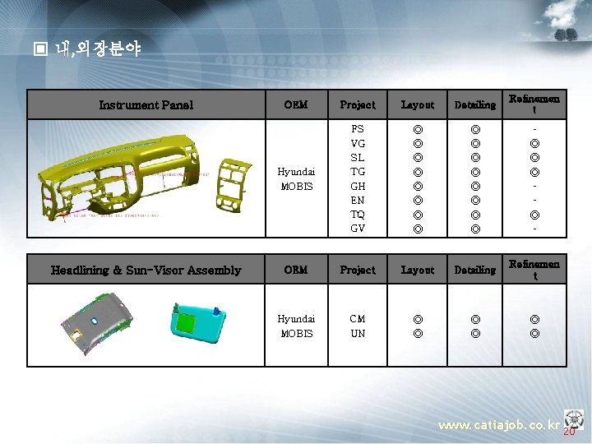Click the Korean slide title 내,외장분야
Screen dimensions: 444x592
click(98, 49)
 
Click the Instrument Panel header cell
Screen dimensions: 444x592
click(146, 104)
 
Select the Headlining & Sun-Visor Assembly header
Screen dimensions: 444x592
click(146, 270)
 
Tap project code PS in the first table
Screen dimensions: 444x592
click(358, 129)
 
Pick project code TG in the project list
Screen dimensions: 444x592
click(358, 171)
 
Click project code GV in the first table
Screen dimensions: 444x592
click(358, 228)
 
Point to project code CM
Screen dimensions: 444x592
click(358, 318)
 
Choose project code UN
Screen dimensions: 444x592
click(358, 333)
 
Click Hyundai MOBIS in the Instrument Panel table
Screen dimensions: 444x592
click(295, 178)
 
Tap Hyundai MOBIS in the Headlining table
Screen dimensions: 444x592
click(295, 326)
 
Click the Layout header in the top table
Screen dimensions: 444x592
click(417, 104)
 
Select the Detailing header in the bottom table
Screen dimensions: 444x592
click(475, 270)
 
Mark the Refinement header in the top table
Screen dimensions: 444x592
click(534, 104)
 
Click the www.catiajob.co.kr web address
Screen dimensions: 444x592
click(498, 425)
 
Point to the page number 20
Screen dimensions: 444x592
click(568, 431)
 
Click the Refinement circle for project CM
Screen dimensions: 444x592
click(534, 318)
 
